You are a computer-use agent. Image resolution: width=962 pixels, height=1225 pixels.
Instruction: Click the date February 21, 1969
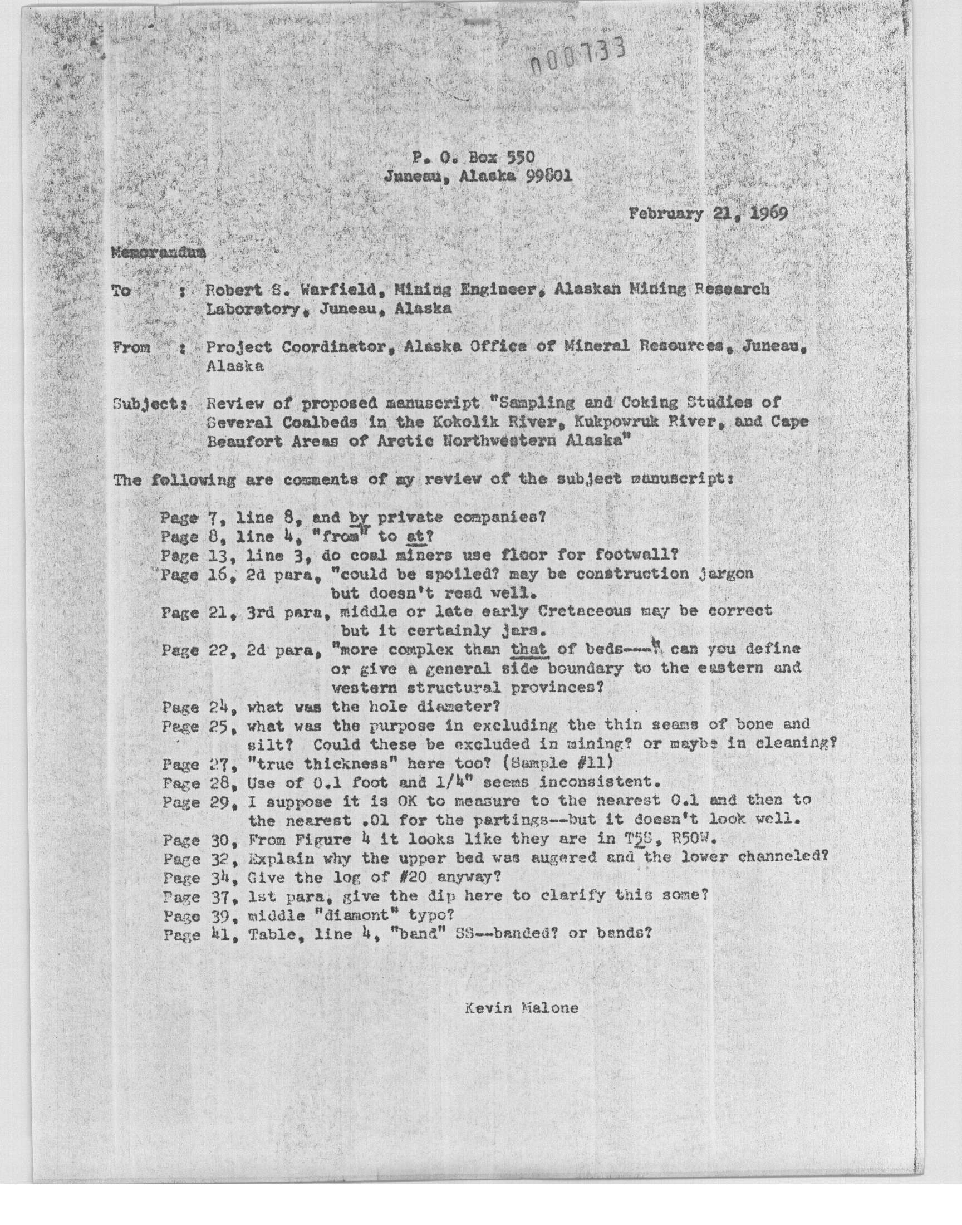click(x=708, y=214)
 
